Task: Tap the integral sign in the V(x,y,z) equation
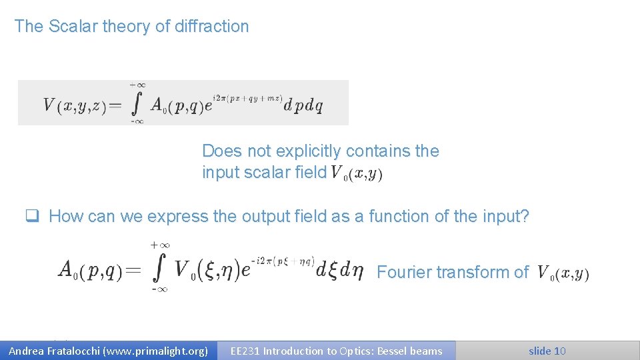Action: coord(137,104)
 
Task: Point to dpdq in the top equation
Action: coord(303,105)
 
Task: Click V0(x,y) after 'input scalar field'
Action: coord(357,173)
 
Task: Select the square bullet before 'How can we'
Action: coord(31,216)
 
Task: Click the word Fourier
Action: coord(401,272)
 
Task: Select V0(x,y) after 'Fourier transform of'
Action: coord(563,273)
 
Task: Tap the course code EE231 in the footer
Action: coord(245,351)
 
